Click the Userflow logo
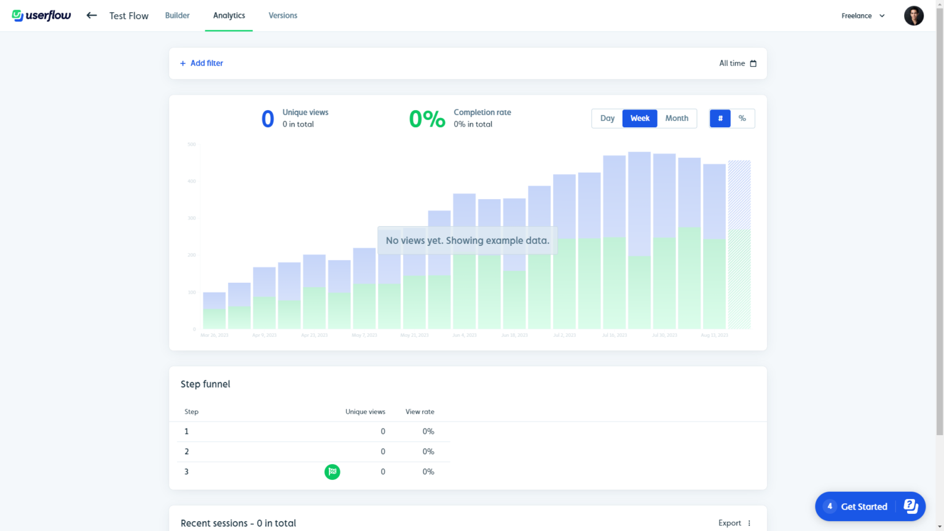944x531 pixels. (42, 15)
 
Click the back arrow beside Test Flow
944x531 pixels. (92, 15)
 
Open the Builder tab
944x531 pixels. (177, 15)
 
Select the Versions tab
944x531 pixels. (283, 15)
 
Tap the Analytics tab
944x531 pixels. (229, 15)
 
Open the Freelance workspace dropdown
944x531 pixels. (863, 16)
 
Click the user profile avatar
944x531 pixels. (913, 16)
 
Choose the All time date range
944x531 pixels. (737, 63)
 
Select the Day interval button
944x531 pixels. (607, 119)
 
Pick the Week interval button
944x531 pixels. (640, 119)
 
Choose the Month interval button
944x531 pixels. (677, 119)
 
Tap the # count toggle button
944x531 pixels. (720, 119)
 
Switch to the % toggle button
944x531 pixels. (742, 119)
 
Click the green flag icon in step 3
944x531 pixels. (332, 472)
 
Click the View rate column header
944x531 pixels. (420, 412)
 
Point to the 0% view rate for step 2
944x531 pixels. (428, 452)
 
